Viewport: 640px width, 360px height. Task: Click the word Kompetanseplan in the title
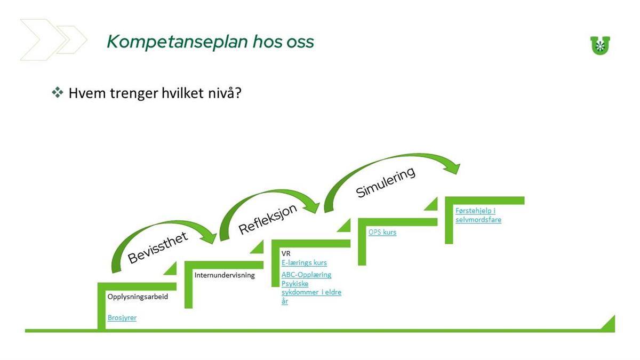[x=177, y=42]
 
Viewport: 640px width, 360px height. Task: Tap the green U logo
[x=600, y=45]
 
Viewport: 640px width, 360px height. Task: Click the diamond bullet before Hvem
[x=58, y=92]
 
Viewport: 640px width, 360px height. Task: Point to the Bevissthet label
[x=158, y=247]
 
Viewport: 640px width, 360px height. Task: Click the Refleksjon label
[x=268, y=219]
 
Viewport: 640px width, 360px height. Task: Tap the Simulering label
[x=386, y=182]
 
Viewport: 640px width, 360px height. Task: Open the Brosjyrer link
[x=122, y=318]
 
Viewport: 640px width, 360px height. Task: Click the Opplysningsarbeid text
[x=138, y=297]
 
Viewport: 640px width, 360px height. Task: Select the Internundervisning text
[x=225, y=275]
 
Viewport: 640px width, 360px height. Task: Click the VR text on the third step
[x=286, y=253]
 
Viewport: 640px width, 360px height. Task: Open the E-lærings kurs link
[x=304, y=262]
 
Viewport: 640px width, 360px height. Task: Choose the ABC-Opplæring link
[x=306, y=275]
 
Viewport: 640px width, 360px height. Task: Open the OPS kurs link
[x=382, y=232]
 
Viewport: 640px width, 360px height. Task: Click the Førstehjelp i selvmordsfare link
[x=478, y=215]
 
